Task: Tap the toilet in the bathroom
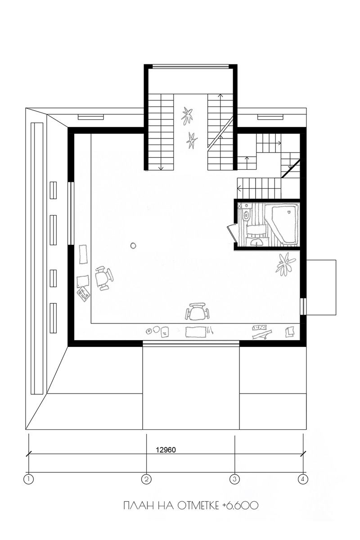246,214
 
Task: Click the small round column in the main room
133,246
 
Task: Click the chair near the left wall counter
103,278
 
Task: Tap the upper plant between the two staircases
187,115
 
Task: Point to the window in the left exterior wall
71,213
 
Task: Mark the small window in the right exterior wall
303,306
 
